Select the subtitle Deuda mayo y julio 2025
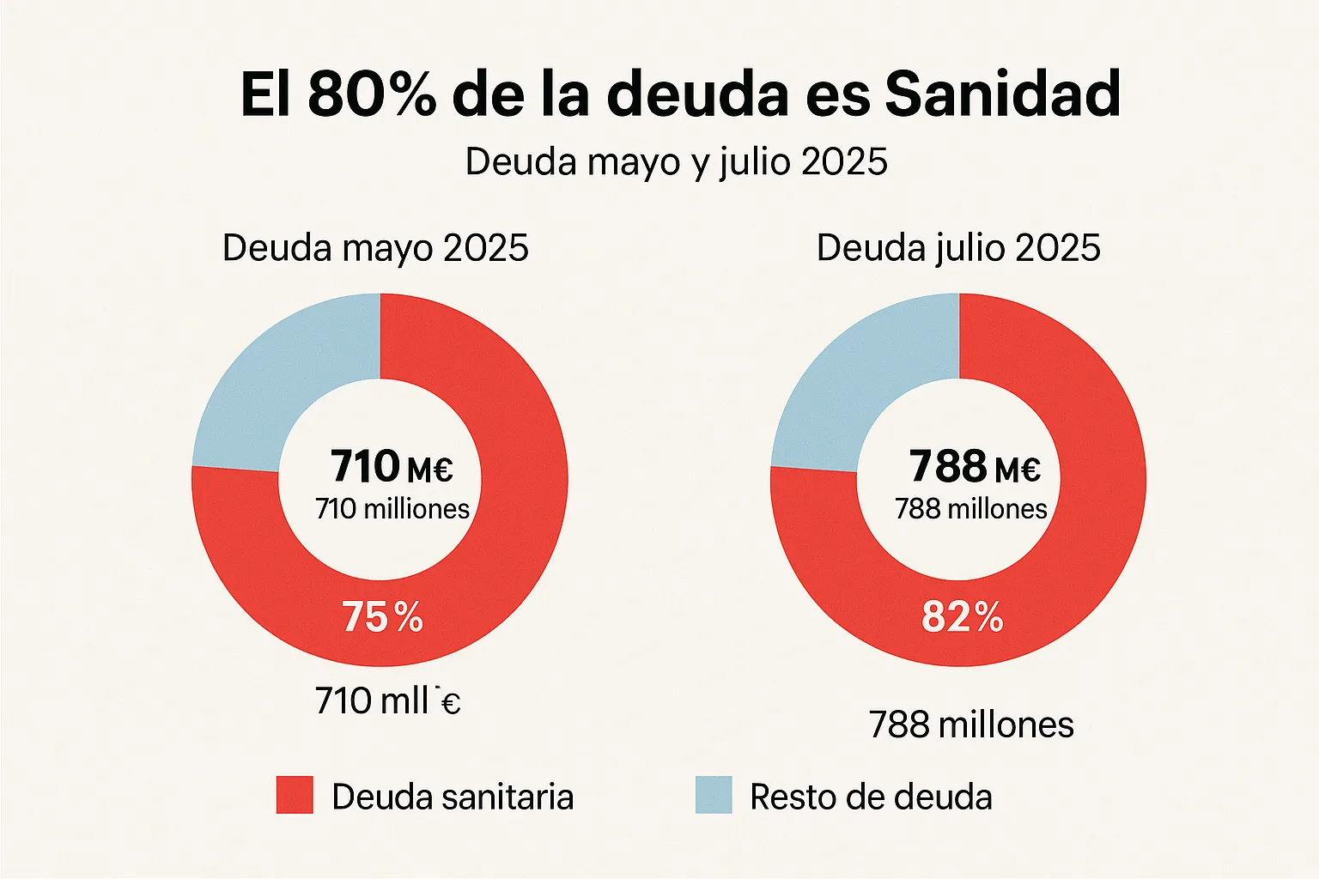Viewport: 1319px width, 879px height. click(x=676, y=162)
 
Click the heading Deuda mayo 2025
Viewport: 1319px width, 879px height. click(x=375, y=248)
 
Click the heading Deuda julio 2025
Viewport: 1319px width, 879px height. click(x=958, y=248)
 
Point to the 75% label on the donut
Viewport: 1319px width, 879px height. click(x=382, y=617)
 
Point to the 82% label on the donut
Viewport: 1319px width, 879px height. click(x=962, y=617)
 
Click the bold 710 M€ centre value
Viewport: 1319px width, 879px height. click(x=392, y=467)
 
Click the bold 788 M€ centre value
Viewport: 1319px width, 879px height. click(x=975, y=467)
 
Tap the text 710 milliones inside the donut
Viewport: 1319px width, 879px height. click(x=392, y=509)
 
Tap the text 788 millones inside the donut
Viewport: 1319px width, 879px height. click(x=971, y=509)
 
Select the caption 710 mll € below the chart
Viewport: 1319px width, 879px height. click(x=387, y=701)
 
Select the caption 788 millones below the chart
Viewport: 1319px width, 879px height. click(x=971, y=725)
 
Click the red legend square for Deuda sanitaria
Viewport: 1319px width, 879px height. click(x=295, y=795)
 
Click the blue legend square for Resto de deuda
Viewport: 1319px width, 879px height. click(x=714, y=795)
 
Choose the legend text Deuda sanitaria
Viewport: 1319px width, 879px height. click(x=453, y=797)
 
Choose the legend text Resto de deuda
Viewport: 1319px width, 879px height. click(x=871, y=797)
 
